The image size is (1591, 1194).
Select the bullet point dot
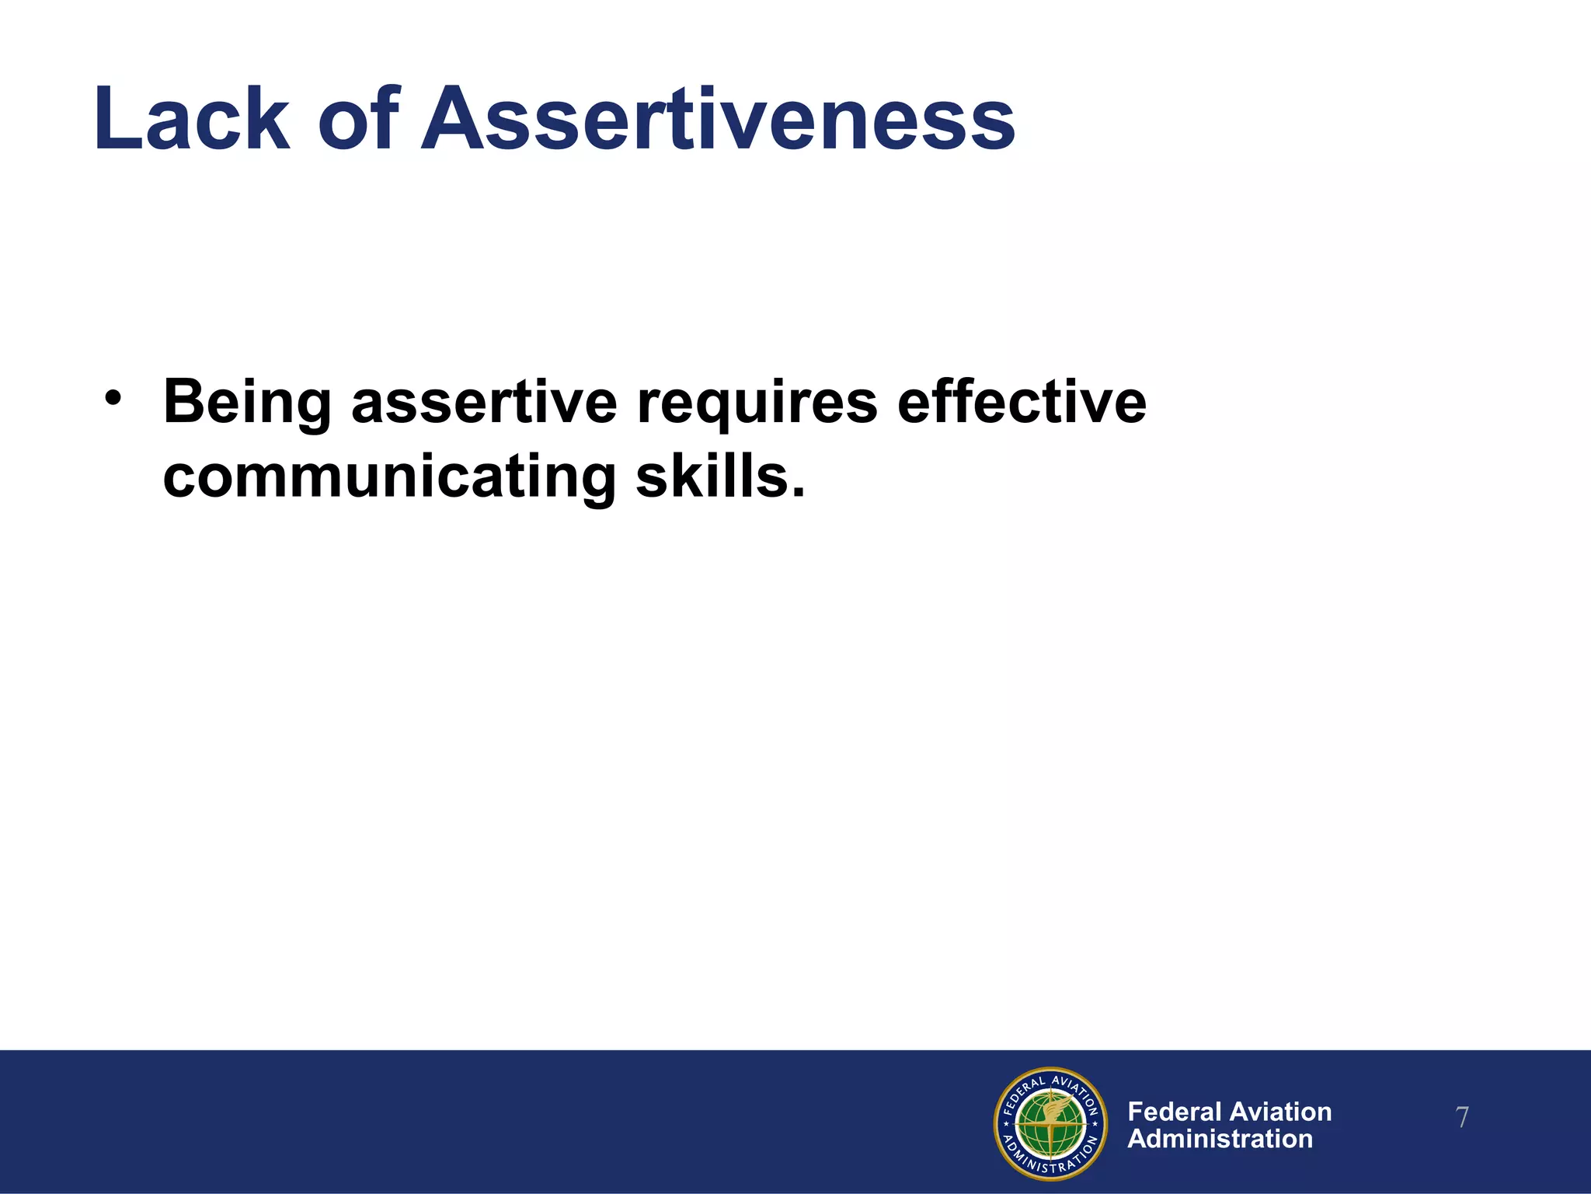[113, 398]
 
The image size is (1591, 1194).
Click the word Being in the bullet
[247, 403]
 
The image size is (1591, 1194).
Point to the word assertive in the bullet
[484, 403]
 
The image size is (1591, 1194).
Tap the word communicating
[389, 477]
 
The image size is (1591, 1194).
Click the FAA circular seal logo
[1050, 1123]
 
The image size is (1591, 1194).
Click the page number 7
[1461, 1118]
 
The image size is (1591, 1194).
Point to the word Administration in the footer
[1220, 1139]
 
